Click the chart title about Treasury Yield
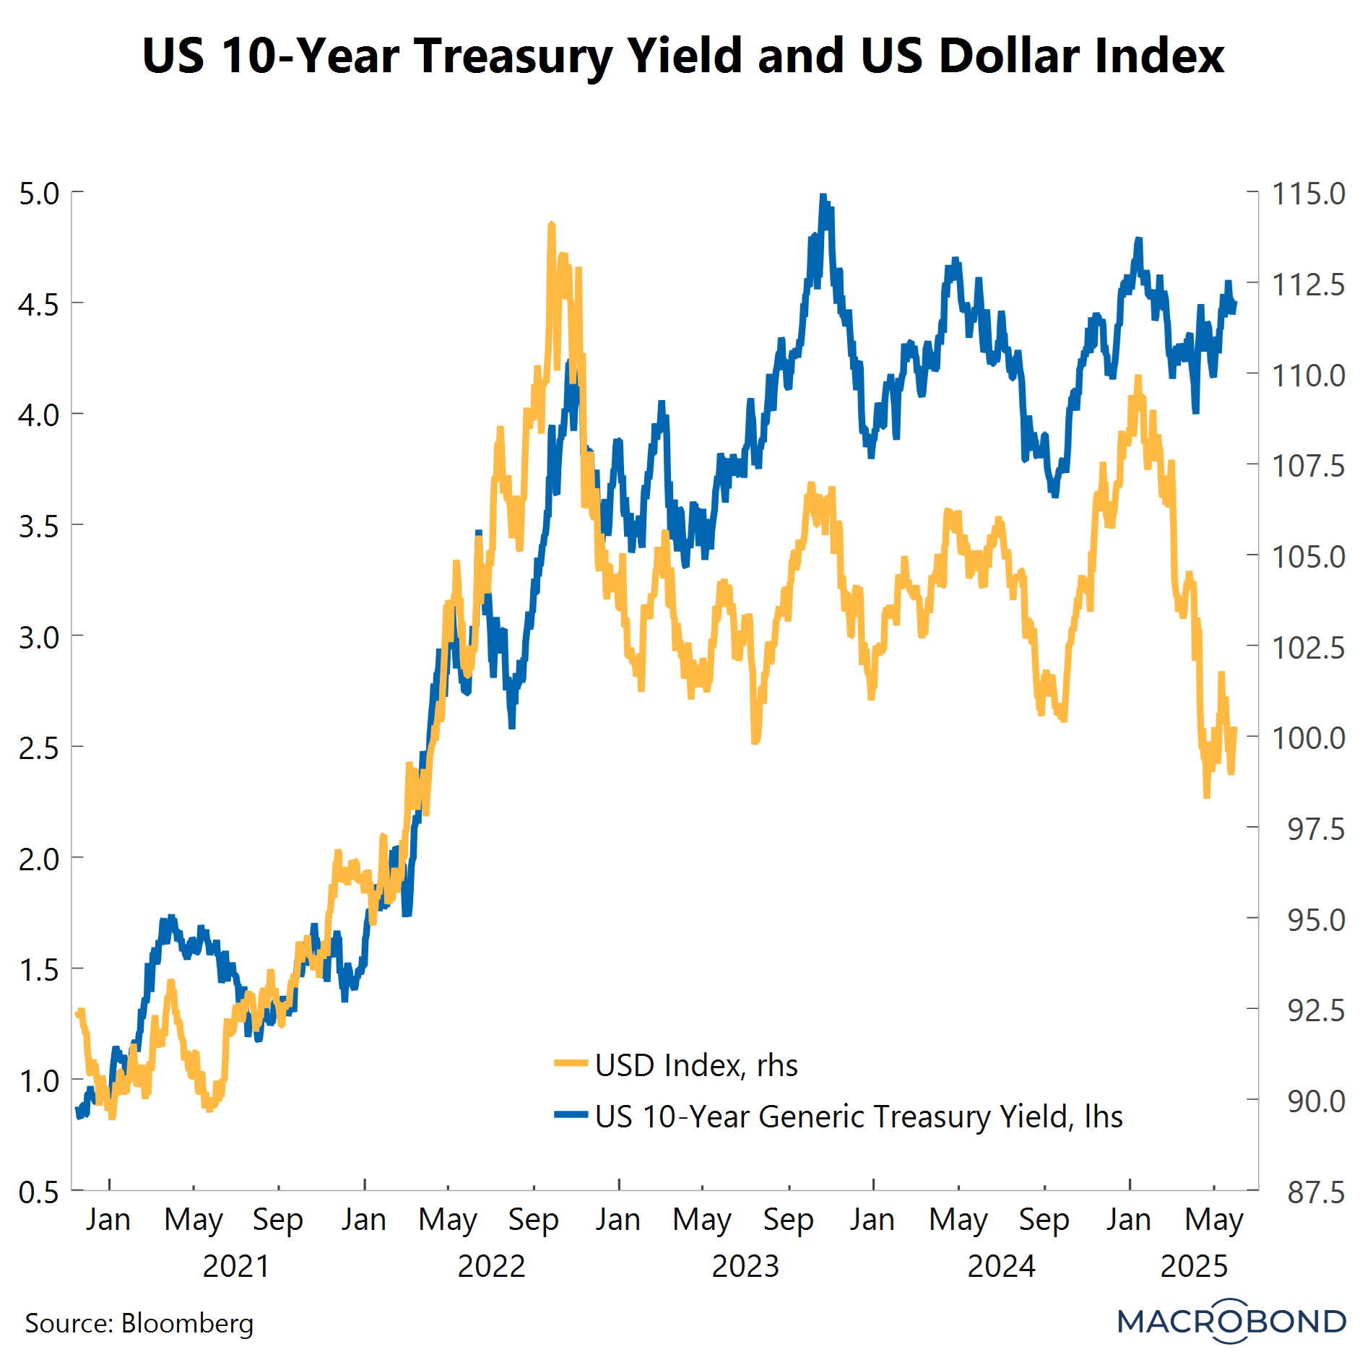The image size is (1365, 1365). click(682, 56)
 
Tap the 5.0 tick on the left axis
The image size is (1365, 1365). click(39, 194)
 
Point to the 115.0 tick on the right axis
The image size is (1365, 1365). click(1308, 194)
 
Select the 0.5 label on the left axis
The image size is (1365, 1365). click(39, 1192)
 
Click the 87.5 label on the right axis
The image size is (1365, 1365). click(1316, 1192)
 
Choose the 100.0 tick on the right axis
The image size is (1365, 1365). click(1308, 738)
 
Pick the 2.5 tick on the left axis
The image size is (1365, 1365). click(39, 748)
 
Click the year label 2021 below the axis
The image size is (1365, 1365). click(235, 1266)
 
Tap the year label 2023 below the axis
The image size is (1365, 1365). click(745, 1266)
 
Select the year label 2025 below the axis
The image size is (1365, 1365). click(1194, 1266)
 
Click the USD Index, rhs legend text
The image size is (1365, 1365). click(696, 1065)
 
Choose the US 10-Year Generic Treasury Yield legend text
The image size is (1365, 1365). click(859, 1117)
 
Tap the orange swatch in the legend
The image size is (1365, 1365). click(571, 1063)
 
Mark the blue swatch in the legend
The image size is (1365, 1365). click(571, 1114)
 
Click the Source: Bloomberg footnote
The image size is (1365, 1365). click(139, 1323)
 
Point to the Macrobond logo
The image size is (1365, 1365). click(1231, 1321)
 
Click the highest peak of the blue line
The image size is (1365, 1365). click(823, 196)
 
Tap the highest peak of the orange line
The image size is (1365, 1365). click(552, 225)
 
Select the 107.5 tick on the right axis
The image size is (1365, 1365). click(1308, 466)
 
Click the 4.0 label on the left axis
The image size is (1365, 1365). click(39, 415)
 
